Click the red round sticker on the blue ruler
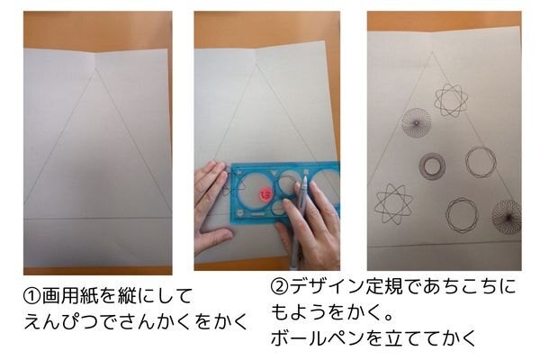pyautogui.click(x=265, y=195)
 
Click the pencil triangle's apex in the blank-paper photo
pyautogui.click(x=95, y=68)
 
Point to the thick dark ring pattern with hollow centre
pyautogui.click(x=432, y=166)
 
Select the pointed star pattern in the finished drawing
pyautogui.click(x=393, y=204)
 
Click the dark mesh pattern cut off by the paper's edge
pyautogui.click(x=507, y=217)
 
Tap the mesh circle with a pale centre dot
pyautogui.click(x=417, y=123)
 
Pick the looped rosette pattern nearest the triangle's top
pyautogui.click(x=451, y=100)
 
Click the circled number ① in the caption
pyautogui.click(x=32, y=295)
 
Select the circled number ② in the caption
pyautogui.click(x=279, y=286)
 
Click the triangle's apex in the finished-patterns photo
pyautogui.click(x=433, y=52)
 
